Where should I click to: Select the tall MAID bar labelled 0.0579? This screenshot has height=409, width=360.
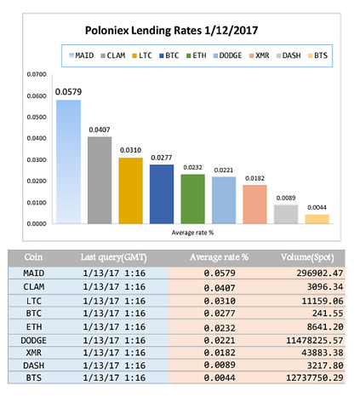(68, 162)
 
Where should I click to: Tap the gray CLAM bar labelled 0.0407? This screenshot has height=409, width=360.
(100, 181)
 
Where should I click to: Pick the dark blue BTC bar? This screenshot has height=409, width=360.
(162, 194)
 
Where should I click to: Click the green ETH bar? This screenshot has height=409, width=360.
(193, 199)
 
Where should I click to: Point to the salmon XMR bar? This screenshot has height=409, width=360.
(254, 204)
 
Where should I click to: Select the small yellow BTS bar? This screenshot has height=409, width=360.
(317, 219)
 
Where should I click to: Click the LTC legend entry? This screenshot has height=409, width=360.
(142, 55)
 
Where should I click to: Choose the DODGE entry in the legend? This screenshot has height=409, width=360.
(227, 55)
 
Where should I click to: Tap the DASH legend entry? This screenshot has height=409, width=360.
(289, 55)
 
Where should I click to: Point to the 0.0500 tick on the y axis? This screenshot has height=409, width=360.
(37, 117)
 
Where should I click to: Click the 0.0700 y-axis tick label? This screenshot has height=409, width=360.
(37, 74)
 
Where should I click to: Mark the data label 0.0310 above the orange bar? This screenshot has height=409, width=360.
(130, 150)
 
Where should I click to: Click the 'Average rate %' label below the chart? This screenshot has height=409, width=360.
(192, 233)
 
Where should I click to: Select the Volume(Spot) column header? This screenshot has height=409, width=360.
(307, 257)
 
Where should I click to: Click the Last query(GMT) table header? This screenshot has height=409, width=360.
(113, 257)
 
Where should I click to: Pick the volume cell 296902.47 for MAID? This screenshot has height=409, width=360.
(320, 274)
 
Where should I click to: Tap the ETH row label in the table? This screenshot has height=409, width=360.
(34, 327)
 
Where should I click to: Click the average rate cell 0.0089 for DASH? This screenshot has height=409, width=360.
(220, 365)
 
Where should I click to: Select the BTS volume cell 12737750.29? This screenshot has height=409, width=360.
(315, 377)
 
